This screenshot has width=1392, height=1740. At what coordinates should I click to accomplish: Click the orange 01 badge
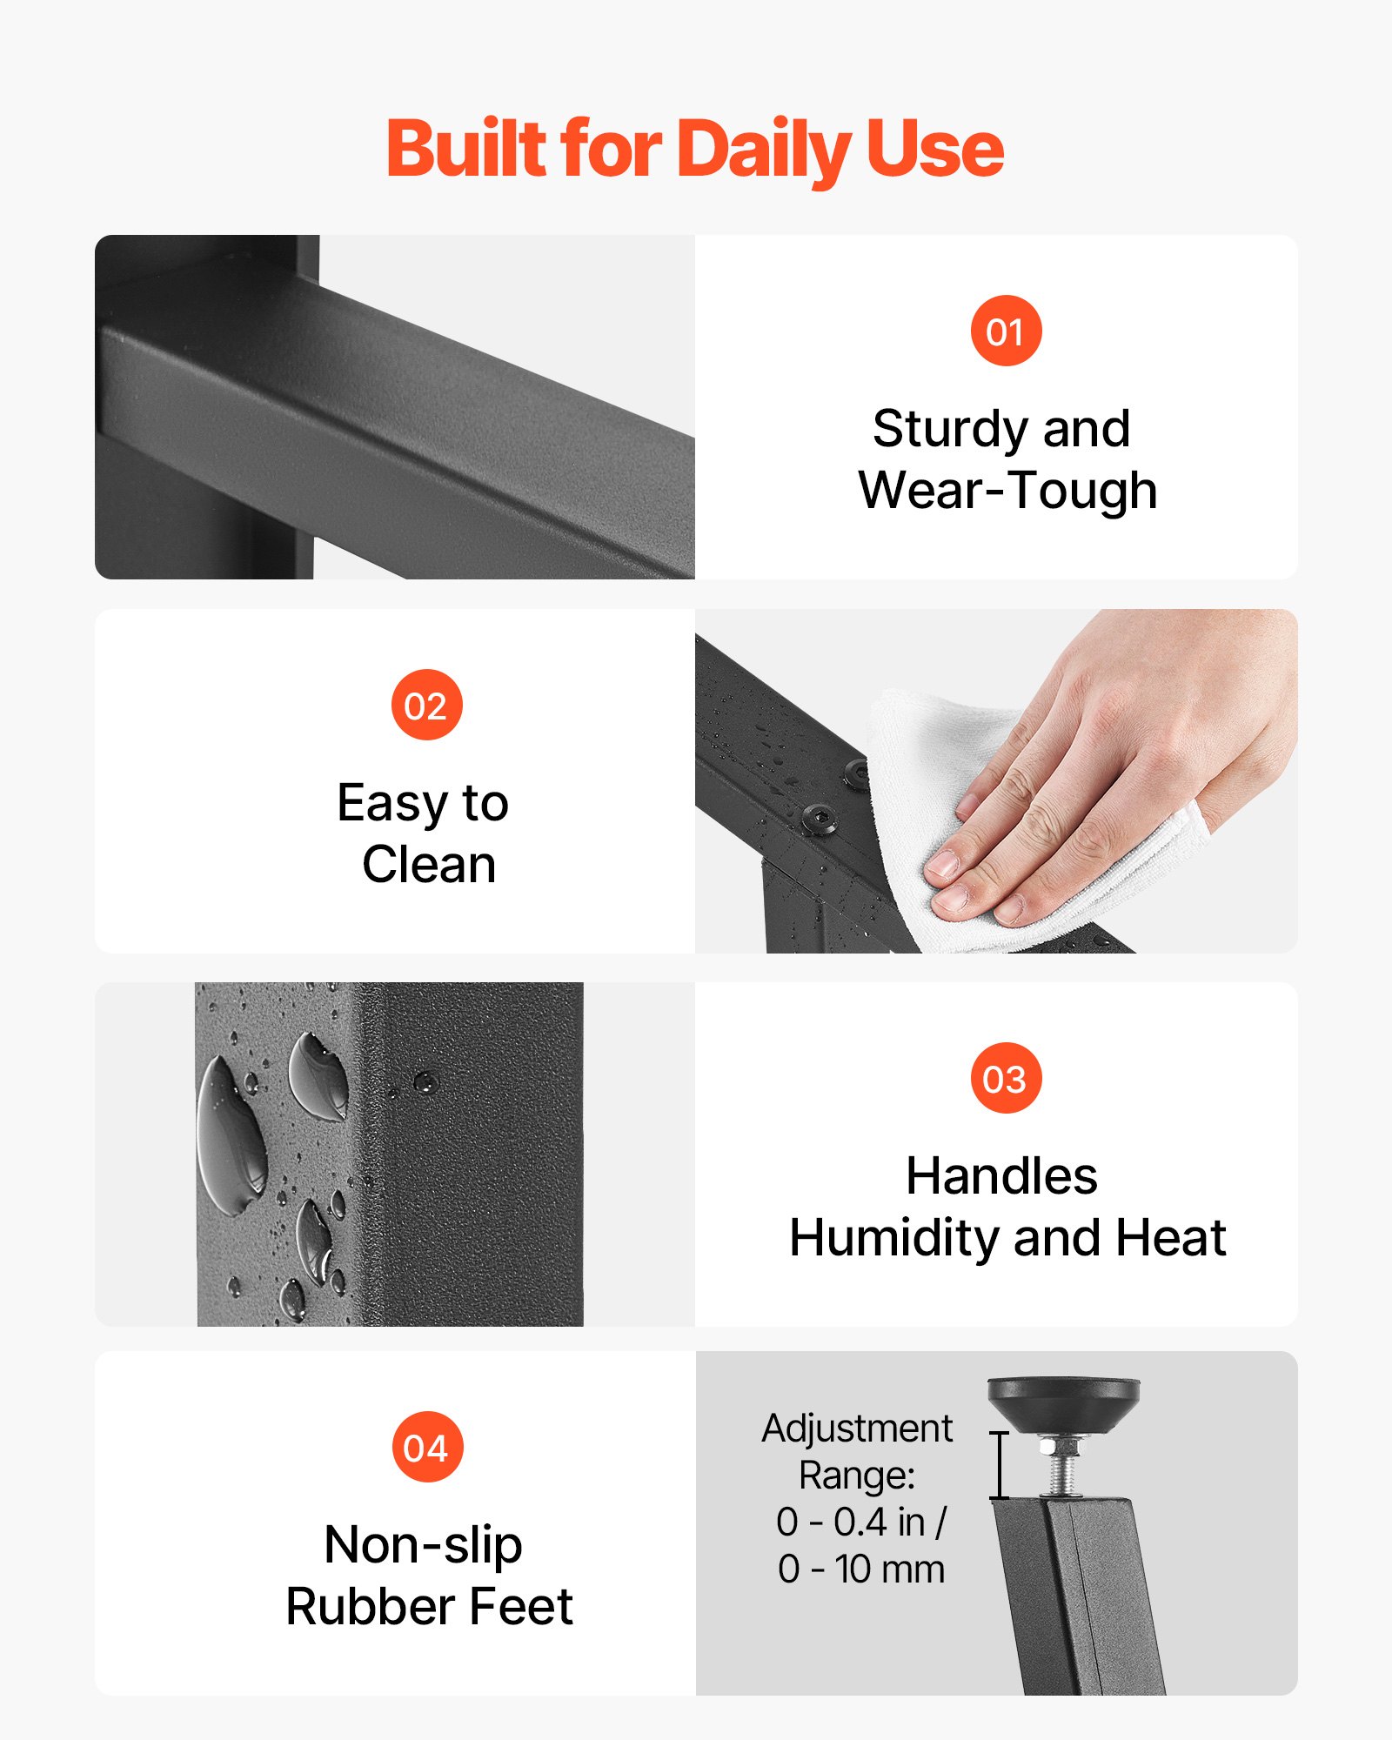[x=1006, y=331]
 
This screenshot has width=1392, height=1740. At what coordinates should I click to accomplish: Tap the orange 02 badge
[x=426, y=705]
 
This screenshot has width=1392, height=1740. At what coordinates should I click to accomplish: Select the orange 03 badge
[x=1006, y=1078]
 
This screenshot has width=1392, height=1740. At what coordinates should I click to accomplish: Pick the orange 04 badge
[x=426, y=1447]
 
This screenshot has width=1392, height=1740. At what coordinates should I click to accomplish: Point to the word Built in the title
[x=466, y=148]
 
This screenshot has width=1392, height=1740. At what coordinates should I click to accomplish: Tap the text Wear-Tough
[x=1007, y=490]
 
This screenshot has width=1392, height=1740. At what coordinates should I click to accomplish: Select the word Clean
[x=429, y=864]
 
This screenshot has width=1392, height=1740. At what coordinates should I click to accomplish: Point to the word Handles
[x=1001, y=1176]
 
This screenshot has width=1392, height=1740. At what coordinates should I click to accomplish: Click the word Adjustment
[x=857, y=1429]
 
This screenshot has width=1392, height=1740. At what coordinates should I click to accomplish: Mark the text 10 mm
[x=889, y=1569]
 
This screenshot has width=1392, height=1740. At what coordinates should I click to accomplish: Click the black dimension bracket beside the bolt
[x=1000, y=1465]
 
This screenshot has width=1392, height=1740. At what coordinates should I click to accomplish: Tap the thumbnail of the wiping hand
[x=996, y=780]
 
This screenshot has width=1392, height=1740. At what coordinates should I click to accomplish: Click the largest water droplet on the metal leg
[x=231, y=1135]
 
